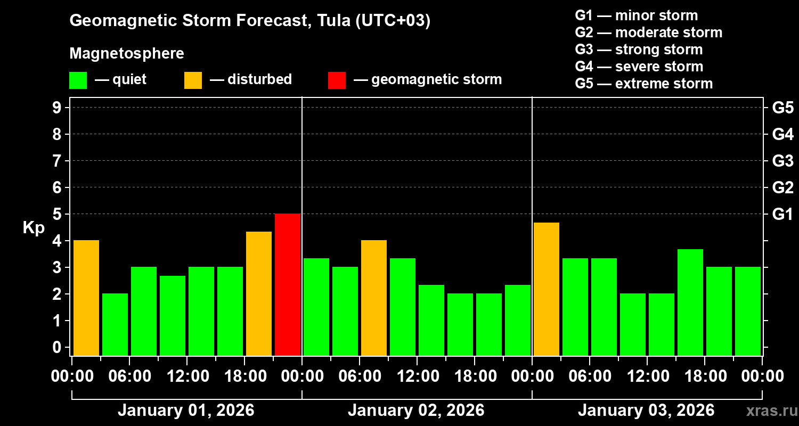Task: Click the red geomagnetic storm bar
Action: click(288, 284)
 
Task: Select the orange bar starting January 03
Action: click(547, 289)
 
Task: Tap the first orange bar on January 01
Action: click(86, 298)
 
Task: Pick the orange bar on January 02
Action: click(374, 298)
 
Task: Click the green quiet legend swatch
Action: click(78, 80)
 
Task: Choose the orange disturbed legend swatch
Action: click(193, 80)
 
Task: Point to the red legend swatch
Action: click(337, 80)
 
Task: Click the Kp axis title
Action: click(34, 228)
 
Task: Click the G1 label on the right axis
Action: click(782, 214)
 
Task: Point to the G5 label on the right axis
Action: click(782, 108)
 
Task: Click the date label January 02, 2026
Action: click(416, 411)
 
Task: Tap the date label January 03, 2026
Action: click(646, 411)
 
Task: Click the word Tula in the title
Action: click(331, 21)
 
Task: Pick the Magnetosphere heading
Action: click(127, 54)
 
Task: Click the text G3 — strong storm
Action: click(639, 50)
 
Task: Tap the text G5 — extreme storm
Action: click(643, 84)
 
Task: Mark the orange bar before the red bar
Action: click(259, 293)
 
